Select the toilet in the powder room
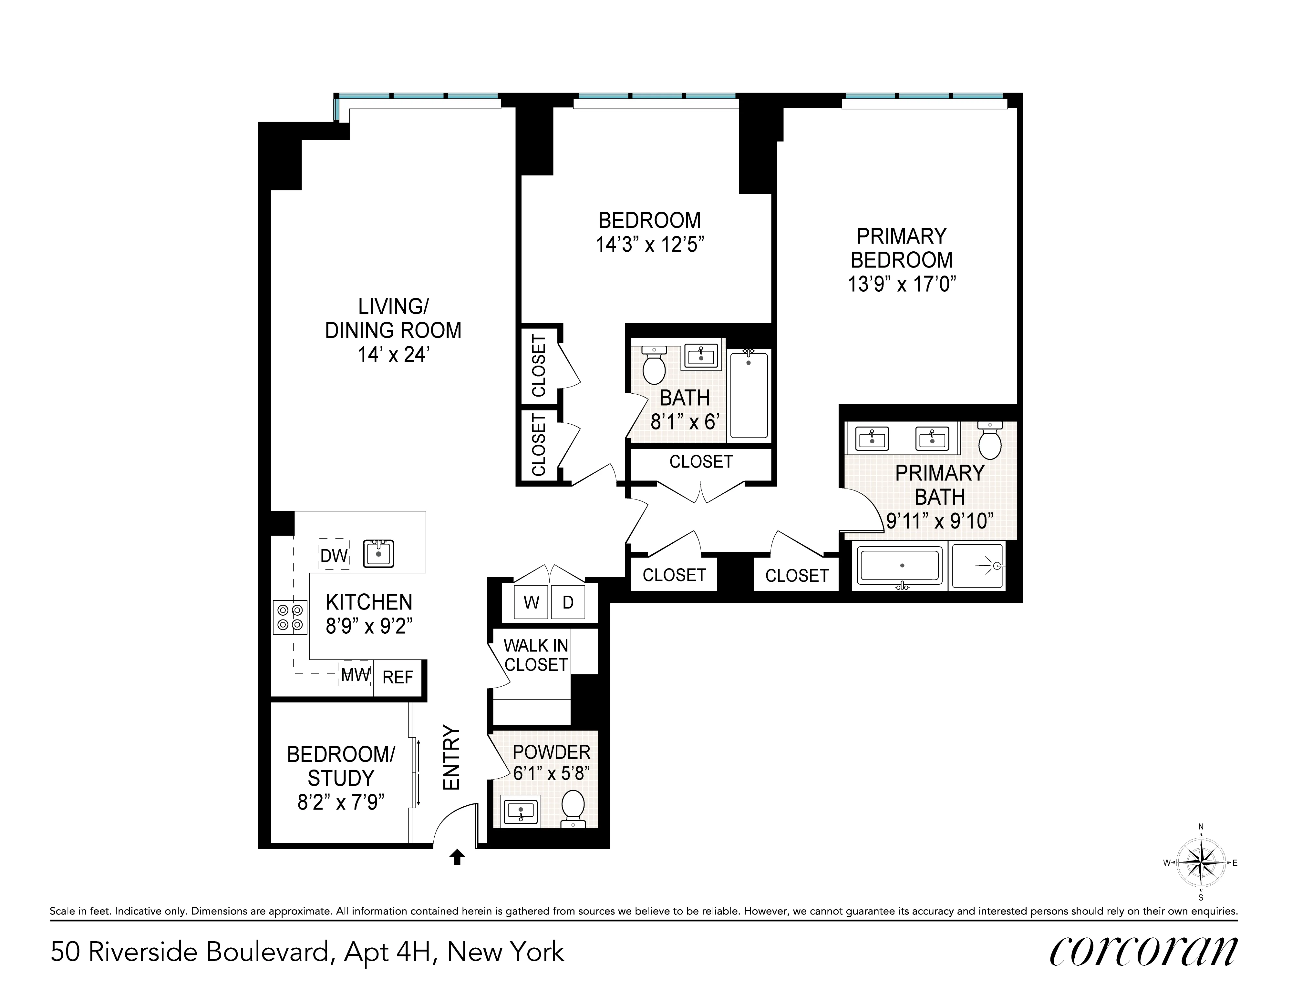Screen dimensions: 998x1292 (x=573, y=808)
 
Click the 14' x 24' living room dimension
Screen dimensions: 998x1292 (x=393, y=355)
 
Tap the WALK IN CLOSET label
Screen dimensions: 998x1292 (x=536, y=655)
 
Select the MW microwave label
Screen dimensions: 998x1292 (x=355, y=675)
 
